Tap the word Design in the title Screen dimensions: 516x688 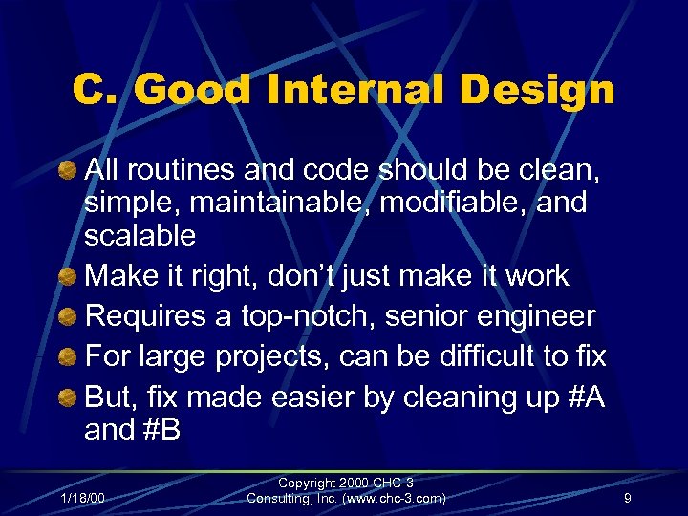click(x=541, y=91)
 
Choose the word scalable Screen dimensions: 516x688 click(x=140, y=235)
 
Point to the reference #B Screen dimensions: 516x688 click(x=159, y=430)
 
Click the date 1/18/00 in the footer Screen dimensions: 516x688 click(x=83, y=497)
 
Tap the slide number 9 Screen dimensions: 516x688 click(x=627, y=497)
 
